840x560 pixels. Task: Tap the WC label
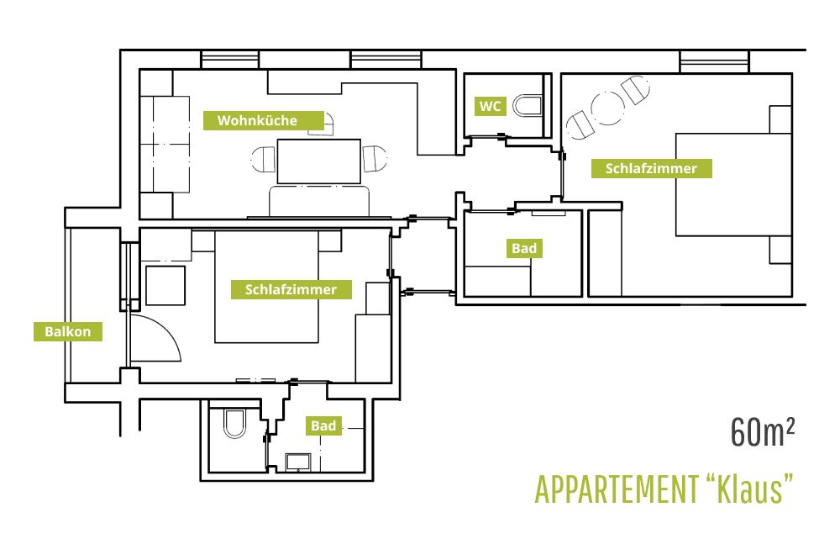click(x=491, y=106)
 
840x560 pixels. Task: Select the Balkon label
click(x=67, y=331)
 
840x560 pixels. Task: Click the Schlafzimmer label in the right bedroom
click(x=652, y=168)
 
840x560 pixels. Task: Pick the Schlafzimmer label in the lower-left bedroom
click(x=291, y=289)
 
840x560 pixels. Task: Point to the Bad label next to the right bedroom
click(x=524, y=248)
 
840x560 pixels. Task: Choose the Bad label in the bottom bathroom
click(x=323, y=426)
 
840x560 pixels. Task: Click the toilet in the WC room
click(x=528, y=106)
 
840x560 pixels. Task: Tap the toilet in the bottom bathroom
click(x=234, y=423)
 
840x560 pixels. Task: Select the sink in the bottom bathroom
click(x=298, y=462)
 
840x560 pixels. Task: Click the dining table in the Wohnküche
click(x=318, y=161)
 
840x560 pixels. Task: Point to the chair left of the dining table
click(x=263, y=159)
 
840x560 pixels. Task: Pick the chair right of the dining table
click(x=375, y=159)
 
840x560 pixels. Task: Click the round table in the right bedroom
click(x=608, y=108)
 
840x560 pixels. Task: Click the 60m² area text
click(x=763, y=432)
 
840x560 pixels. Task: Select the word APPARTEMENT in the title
click(x=616, y=489)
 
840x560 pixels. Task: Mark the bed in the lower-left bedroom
click(x=267, y=287)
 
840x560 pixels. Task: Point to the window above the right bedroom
click(x=713, y=61)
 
